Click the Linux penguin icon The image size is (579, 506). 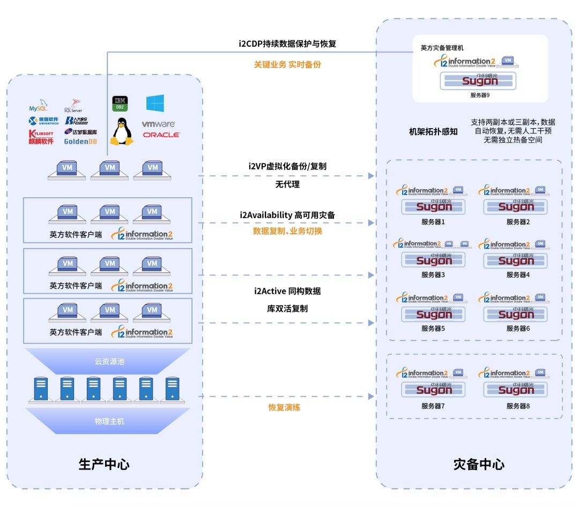[121, 132]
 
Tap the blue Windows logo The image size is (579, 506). [155, 103]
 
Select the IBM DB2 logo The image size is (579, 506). [120, 103]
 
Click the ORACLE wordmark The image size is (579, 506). [161, 135]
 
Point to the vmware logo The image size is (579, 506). [159, 124]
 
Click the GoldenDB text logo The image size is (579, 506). [80, 142]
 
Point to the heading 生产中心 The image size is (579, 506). [105, 464]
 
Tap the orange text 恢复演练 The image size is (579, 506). [284, 407]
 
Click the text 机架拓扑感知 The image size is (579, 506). [433, 132]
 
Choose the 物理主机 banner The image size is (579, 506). [109, 421]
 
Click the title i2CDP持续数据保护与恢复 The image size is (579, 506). [287, 43]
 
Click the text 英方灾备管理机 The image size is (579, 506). [442, 48]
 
